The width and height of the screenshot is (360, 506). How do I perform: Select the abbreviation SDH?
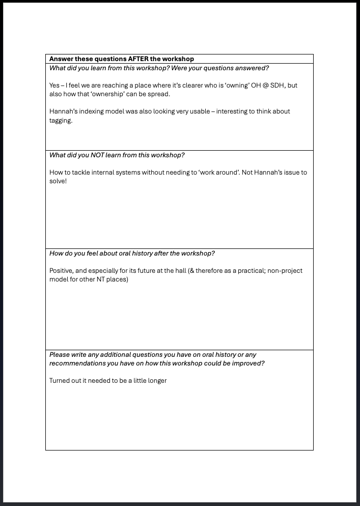[281, 86]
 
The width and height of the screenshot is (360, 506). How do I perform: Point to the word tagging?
[61, 121]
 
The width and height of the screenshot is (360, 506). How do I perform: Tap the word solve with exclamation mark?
[58, 182]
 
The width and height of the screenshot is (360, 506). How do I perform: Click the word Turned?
[60, 381]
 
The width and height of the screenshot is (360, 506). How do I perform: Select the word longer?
[156, 381]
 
